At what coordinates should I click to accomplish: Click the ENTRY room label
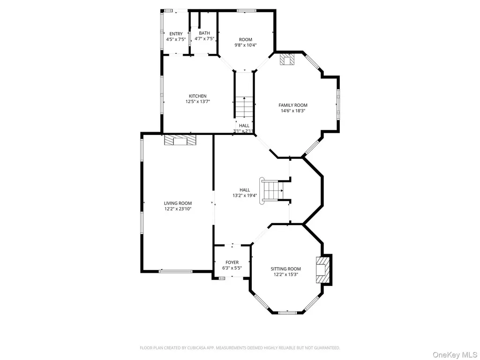tap(176, 34)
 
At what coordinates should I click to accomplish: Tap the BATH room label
tap(204, 33)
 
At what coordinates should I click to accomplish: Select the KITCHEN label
tap(198, 96)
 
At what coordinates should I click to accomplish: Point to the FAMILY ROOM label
tap(293, 105)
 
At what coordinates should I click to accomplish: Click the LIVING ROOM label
tap(178, 203)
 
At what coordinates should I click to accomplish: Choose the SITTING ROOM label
tap(285, 269)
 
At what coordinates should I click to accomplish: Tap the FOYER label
tap(232, 262)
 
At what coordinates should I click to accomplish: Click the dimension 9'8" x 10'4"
tap(246, 45)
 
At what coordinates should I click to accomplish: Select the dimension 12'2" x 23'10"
tap(178, 209)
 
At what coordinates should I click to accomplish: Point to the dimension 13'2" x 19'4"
tap(245, 195)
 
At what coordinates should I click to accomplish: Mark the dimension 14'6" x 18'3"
tap(293, 111)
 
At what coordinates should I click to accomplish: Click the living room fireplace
tap(180, 140)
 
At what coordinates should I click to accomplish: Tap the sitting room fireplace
tap(323, 270)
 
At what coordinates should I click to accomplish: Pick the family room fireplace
tap(286, 60)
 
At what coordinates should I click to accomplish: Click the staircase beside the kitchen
tap(244, 107)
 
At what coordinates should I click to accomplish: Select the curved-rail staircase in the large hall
tap(271, 191)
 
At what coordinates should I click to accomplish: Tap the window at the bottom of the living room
tap(176, 271)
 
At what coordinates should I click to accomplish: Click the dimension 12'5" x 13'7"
tap(198, 102)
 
